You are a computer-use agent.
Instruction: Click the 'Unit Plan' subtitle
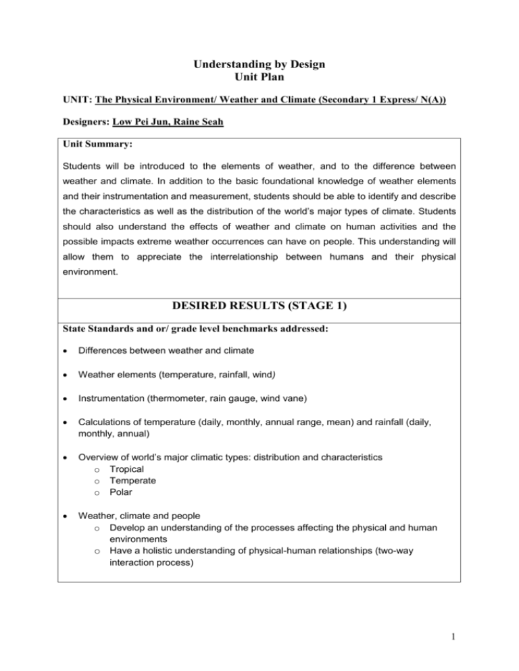pos(259,80)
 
